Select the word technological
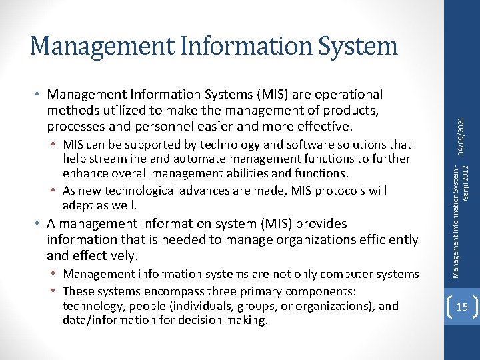pos(141,191)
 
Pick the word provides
pos(323,224)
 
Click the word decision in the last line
pos(207,321)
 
